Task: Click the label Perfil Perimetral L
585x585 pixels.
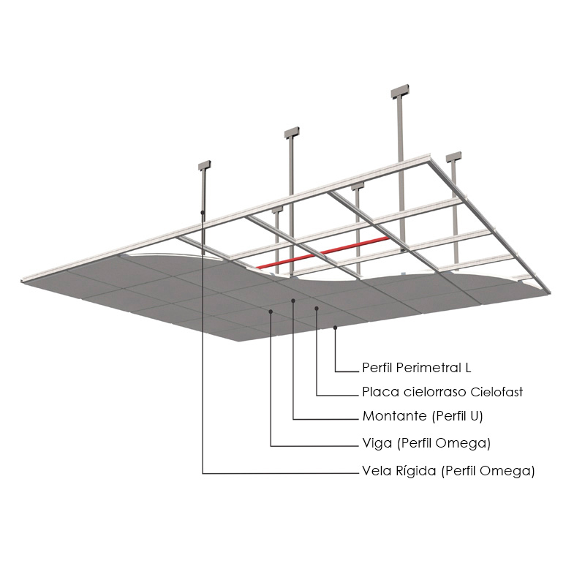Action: tap(417, 368)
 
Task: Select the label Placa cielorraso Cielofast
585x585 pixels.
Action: tap(442, 392)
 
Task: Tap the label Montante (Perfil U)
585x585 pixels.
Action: tap(423, 416)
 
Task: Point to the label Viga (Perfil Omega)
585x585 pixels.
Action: tap(426, 443)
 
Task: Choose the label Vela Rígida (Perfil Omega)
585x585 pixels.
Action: tap(448, 471)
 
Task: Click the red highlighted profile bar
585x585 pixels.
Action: tap(322, 252)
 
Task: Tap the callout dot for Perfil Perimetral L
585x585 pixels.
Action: tap(335, 328)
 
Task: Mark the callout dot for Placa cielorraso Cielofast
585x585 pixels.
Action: tap(317, 308)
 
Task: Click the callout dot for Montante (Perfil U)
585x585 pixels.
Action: tap(293, 301)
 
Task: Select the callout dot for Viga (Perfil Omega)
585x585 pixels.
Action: tap(271, 311)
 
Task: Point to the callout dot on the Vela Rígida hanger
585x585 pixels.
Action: tap(203, 212)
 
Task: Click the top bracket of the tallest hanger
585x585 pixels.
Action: tap(400, 91)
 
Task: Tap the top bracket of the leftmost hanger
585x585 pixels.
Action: tap(205, 165)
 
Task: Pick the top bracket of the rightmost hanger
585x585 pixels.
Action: tap(453, 157)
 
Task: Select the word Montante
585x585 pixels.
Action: tap(395, 415)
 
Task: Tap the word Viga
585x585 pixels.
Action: tap(377, 443)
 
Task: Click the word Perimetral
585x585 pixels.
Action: tap(429, 368)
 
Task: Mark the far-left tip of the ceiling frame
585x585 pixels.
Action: tap(21, 281)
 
